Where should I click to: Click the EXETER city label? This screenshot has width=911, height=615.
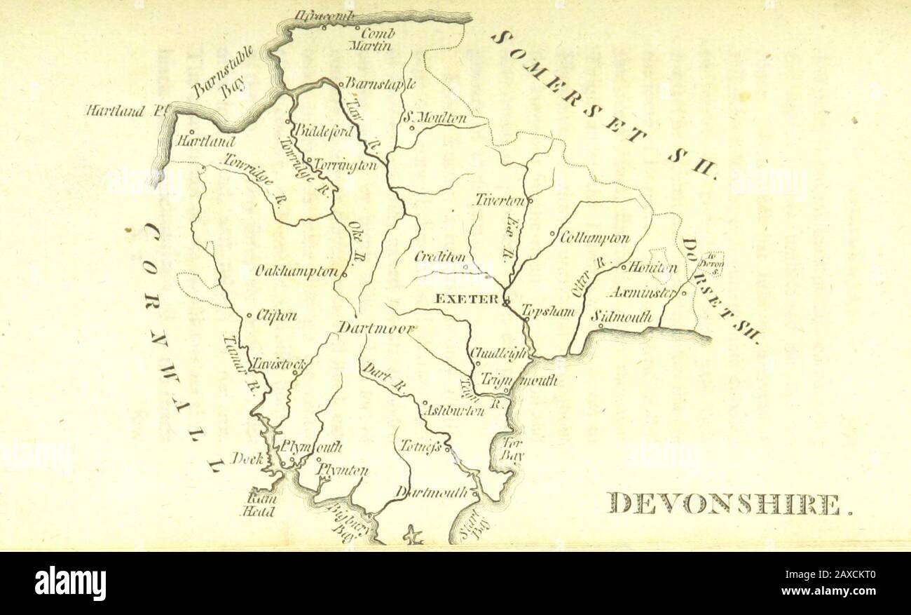(467, 299)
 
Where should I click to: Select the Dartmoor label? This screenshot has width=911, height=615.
(377, 327)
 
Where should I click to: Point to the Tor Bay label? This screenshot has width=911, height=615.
(512, 450)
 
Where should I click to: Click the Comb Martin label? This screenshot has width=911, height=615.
(373, 39)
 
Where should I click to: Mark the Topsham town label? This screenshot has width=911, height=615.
(549, 311)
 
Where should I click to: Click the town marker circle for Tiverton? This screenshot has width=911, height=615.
(530, 201)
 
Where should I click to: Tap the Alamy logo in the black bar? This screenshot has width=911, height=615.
(70, 583)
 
